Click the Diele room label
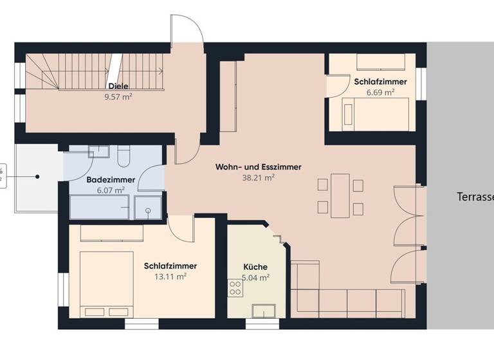click(118, 86)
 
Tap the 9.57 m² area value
click(118, 97)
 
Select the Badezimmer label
click(111, 180)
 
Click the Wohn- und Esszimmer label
click(258, 166)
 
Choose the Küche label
click(255, 267)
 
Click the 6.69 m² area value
click(380, 92)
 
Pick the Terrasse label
click(475, 197)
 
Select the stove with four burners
click(235, 289)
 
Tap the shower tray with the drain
click(148, 209)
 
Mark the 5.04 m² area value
click(255, 278)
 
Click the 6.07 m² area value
click(111, 191)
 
